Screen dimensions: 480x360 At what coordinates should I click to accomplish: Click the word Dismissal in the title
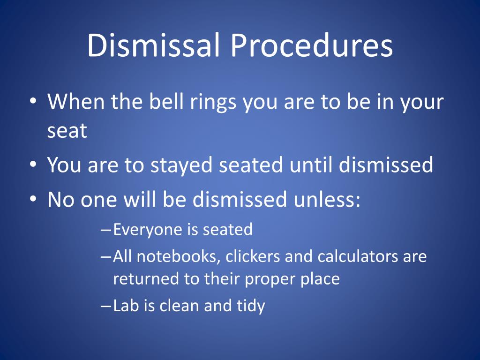(x=154, y=45)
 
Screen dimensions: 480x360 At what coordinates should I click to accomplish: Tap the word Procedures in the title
(x=312, y=45)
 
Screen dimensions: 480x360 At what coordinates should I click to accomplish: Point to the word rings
(x=213, y=103)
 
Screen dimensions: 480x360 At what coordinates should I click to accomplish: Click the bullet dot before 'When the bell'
(x=33, y=101)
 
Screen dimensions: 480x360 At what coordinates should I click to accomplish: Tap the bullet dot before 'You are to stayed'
(x=33, y=164)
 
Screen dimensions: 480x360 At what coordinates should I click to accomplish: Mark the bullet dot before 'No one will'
(x=33, y=199)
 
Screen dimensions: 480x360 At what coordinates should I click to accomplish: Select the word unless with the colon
(x=327, y=199)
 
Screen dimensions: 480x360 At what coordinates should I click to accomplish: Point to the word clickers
(x=253, y=256)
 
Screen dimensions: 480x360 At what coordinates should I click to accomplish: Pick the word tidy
(x=251, y=307)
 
